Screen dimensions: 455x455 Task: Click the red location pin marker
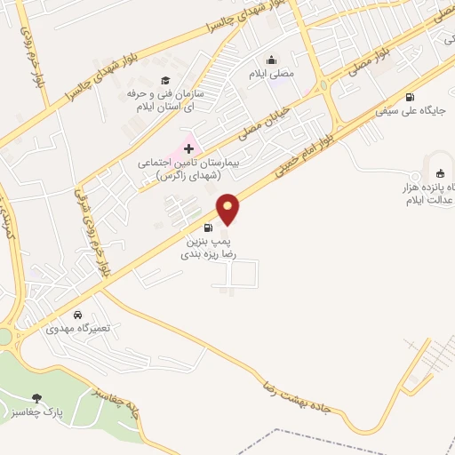(228, 210)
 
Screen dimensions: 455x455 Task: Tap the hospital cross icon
(188, 148)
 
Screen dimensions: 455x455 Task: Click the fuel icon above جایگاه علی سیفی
(410, 98)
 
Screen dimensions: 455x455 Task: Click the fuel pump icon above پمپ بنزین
(209, 227)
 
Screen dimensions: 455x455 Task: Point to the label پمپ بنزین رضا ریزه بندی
(209, 246)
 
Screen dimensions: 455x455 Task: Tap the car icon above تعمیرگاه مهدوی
(79, 315)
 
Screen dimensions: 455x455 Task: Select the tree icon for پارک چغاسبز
(36, 398)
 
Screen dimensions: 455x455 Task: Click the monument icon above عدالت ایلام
(438, 173)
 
